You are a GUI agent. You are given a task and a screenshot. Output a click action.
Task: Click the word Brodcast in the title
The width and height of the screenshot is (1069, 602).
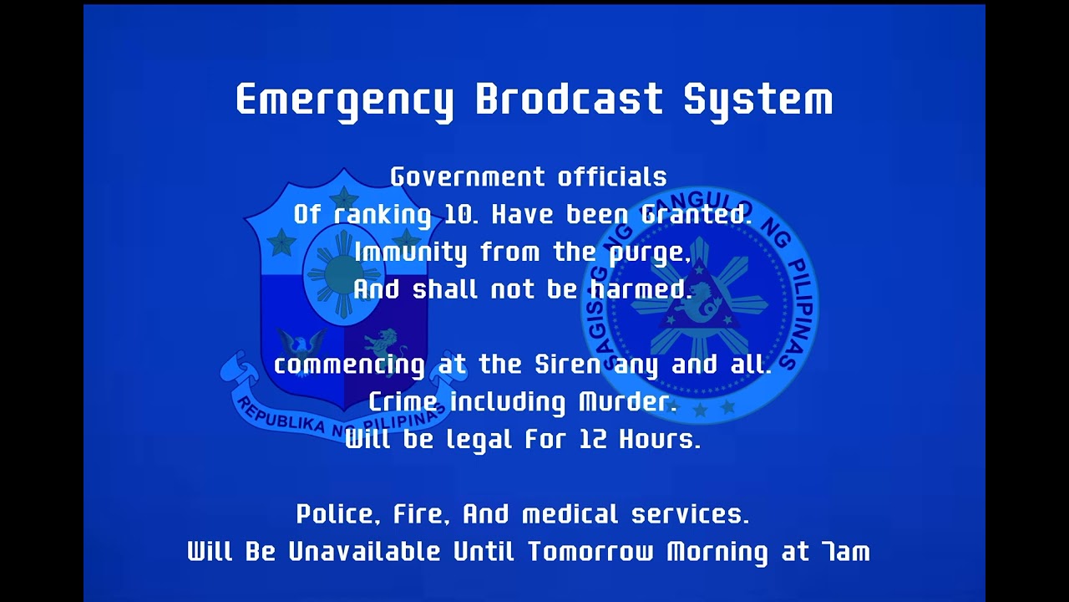tap(569, 99)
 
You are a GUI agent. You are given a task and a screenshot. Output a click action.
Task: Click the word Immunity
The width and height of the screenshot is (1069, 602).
tap(410, 253)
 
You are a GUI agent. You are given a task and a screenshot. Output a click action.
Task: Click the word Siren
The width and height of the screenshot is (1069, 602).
tap(567, 365)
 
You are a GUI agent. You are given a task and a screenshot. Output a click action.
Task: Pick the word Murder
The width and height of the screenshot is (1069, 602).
tap(627, 402)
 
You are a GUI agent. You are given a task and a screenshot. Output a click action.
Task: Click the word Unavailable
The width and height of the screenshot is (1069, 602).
tap(364, 552)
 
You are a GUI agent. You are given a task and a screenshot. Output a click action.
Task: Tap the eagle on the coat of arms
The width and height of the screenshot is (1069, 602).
tap(301, 342)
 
